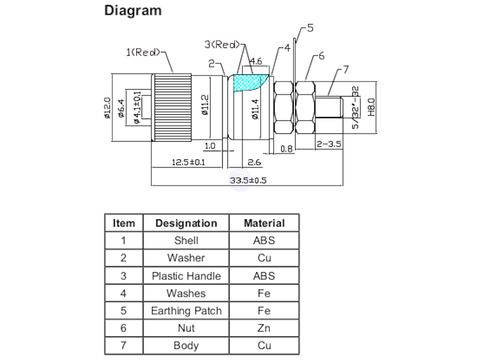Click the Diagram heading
tap(133, 12)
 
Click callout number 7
tap(344, 69)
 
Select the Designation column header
tap(186, 223)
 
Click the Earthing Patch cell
tap(186, 310)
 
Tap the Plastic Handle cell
tap(186, 275)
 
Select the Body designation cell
tap(186, 345)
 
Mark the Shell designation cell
tap(186, 240)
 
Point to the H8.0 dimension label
tap(371, 106)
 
